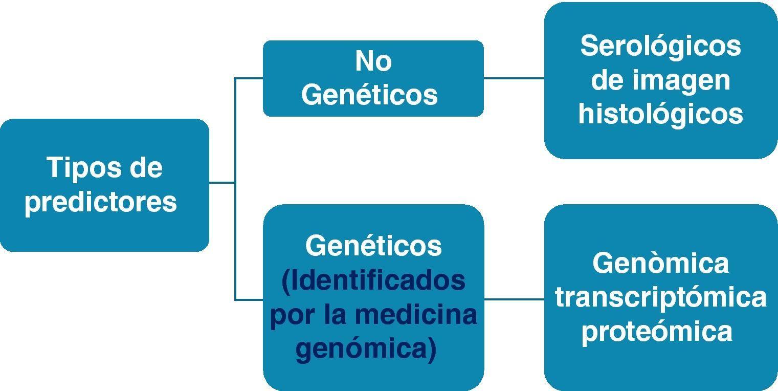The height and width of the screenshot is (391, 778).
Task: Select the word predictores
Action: (101, 202)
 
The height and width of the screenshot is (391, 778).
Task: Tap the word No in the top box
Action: (373, 61)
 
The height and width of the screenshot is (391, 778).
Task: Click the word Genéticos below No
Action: (369, 95)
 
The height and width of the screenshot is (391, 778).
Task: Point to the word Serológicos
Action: (660, 46)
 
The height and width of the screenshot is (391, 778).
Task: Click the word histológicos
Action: (660, 114)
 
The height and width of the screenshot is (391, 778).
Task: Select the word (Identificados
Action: (373, 280)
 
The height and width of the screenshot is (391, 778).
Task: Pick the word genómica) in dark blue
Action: (366, 349)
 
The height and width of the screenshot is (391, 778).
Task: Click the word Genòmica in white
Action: (660, 264)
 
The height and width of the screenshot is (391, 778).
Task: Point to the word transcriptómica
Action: (660, 298)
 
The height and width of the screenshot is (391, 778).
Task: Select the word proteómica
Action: (657, 331)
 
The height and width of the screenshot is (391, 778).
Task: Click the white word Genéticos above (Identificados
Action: (373, 246)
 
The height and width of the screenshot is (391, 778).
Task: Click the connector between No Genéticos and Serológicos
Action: (514, 78)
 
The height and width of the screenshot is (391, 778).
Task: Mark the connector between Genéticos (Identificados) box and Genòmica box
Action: (514, 299)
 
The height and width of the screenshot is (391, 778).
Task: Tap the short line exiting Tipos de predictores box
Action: (221, 182)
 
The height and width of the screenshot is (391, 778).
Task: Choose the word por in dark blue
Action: (292, 315)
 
